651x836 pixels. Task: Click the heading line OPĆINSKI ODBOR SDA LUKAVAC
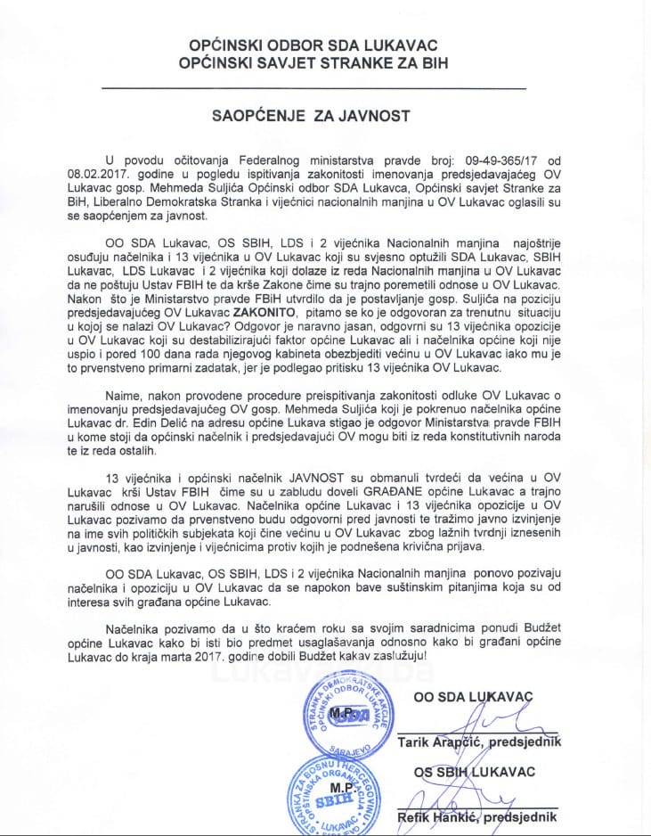[326, 45]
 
